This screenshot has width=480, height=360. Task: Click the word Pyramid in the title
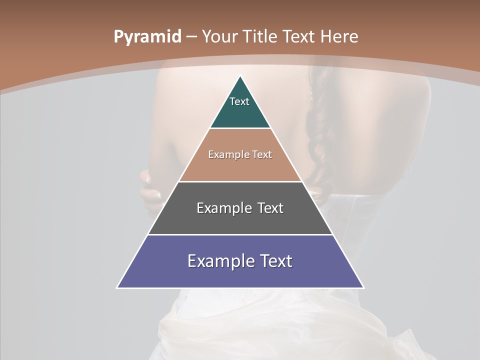[x=147, y=37]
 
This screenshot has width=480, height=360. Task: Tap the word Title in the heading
[x=259, y=37]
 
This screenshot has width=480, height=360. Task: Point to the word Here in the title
[x=339, y=37]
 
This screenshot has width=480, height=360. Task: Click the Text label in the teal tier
[x=239, y=101]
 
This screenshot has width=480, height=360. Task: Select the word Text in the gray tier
[x=270, y=208]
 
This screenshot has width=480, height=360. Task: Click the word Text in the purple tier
[x=276, y=261]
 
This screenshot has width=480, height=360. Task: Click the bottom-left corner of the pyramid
[x=118, y=287]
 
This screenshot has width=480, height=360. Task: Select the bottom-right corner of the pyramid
[x=363, y=287]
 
